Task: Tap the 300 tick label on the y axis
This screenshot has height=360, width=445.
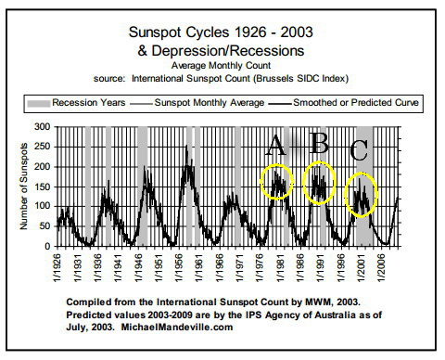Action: click(41, 125)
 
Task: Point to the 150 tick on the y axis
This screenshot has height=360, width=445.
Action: click(41, 186)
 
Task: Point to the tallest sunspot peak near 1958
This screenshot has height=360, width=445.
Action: click(188, 147)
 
